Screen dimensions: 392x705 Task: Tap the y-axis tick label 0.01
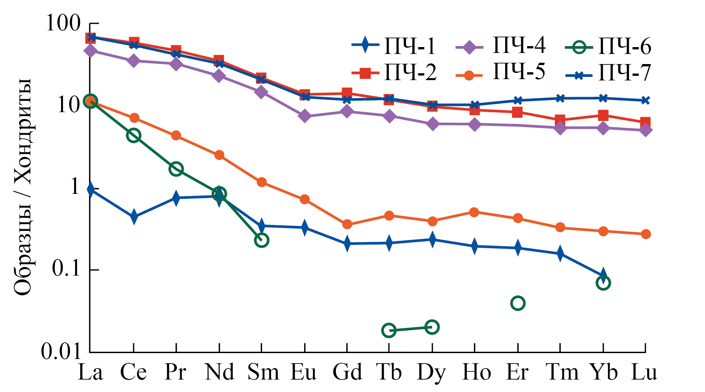(x=61, y=352)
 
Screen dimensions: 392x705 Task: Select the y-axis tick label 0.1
(x=66, y=269)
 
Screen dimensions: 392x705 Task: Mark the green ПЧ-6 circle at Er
(x=518, y=303)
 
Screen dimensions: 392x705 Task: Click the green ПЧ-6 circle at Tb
(x=389, y=331)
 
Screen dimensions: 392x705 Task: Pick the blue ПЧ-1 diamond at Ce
(x=133, y=217)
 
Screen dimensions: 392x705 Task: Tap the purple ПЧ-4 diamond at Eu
(x=305, y=116)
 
